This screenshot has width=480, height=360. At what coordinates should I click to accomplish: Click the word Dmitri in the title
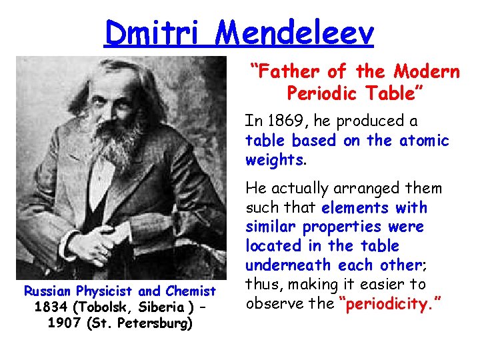[x=150, y=32]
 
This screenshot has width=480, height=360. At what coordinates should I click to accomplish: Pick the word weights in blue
[x=274, y=160]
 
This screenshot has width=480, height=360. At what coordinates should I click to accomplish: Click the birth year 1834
[x=48, y=308]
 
